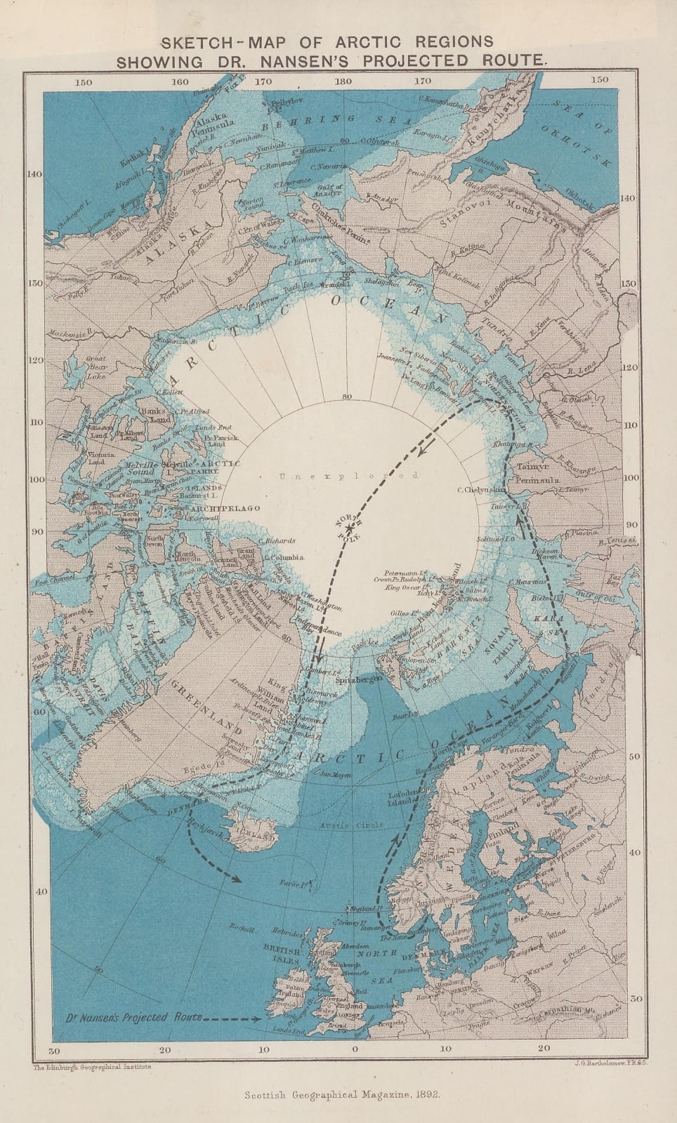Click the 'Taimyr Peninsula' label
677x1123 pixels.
coord(537,472)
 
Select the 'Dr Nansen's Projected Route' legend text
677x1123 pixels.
coord(133,1017)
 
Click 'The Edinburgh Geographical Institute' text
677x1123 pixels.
coord(92,1065)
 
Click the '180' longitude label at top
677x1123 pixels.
coord(343,81)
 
